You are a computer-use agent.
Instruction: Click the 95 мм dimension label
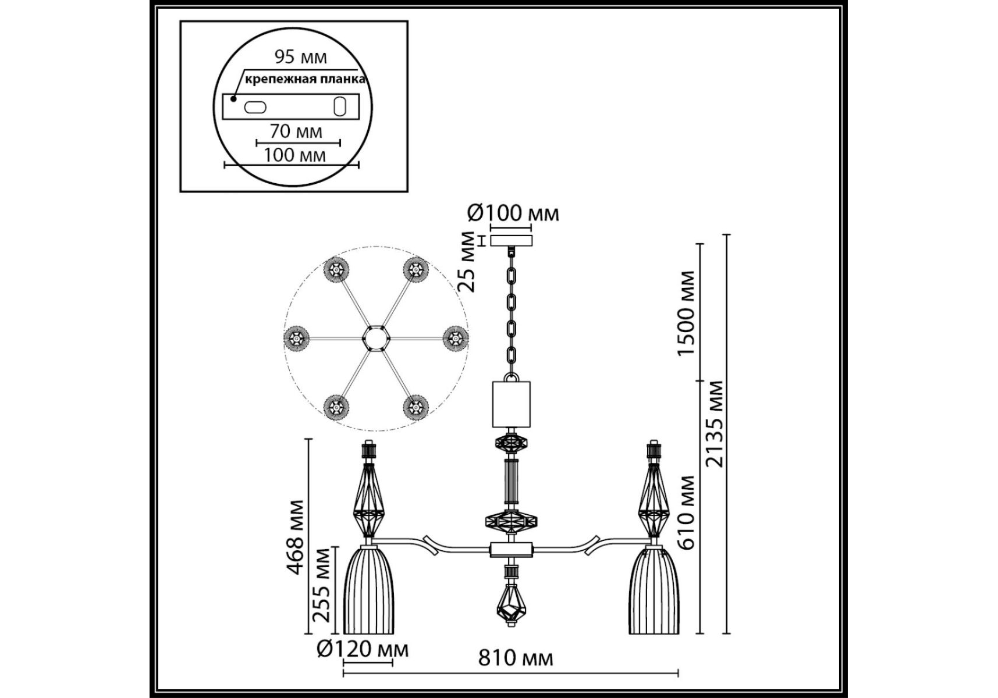coord(300,57)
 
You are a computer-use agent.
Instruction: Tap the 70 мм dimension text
coord(296,131)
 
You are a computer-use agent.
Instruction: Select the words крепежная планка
coord(305,80)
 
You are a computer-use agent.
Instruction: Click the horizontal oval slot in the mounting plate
coord(255,107)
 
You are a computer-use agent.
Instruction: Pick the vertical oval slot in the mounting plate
coord(339,106)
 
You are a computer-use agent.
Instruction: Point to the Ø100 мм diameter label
coord(513,213)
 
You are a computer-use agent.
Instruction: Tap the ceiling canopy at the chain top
coord(512,240)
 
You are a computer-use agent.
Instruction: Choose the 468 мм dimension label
coord(296,537)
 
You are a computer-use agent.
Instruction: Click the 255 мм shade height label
coord(322,585)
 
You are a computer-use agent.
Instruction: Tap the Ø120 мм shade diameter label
coord(363,650)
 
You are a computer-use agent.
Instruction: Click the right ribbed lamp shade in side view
coord(654,590)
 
